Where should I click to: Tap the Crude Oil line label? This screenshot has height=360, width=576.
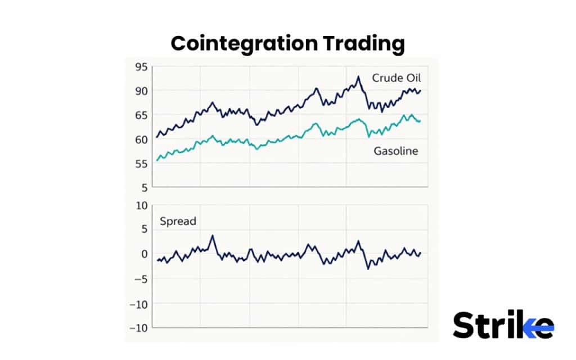[x=396, y=78]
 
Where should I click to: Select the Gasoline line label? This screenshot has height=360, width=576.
[x=396, y=151]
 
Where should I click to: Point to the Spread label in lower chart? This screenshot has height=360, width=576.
[x=178, y=221]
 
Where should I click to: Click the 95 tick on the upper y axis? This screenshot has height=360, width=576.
[x=141, y=67]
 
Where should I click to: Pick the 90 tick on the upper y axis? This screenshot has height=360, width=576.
[x=141, y=91]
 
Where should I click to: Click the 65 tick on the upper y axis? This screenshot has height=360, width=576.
[x=141, y=115]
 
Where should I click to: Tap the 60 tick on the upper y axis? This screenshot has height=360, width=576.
[x=141, y=139]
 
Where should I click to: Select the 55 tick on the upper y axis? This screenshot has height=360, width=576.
[x=141, y=163]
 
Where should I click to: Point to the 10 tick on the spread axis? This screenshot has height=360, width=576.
[x=141, y=205]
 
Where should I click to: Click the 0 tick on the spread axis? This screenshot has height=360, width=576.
[x=144, y=254]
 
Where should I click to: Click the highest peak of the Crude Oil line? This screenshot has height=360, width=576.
[x=358, y=76]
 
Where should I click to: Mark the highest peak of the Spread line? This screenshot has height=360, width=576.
[x=212, y=236]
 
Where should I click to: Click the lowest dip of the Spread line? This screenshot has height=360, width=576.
[x=368, y=268]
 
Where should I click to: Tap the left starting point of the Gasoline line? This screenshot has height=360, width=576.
[x=157, y=161]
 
